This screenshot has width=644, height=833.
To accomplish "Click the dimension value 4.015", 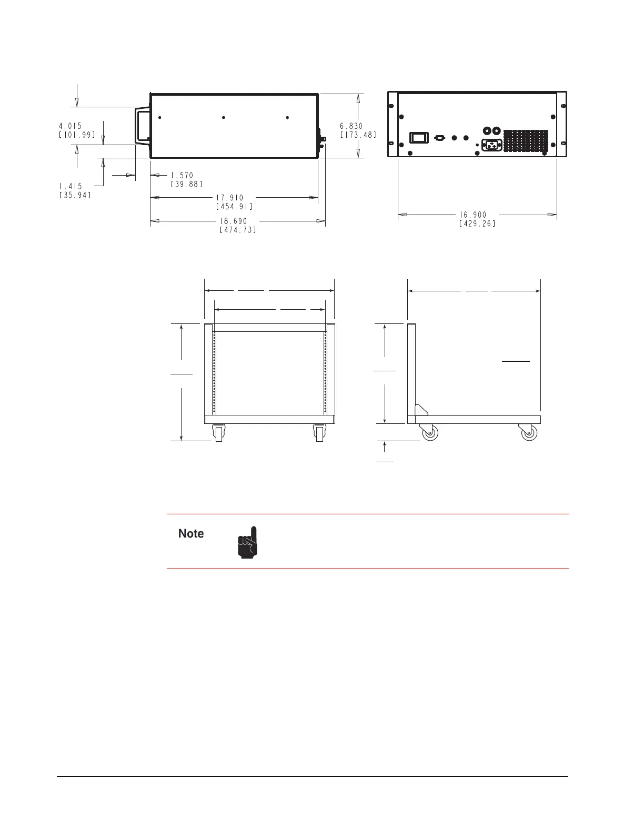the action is pyautogui.click(x=70, y=126).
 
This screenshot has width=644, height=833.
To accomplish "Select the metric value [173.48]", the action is pyautogui.click(x=358, y=135).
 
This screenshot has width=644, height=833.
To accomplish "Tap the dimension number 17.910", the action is pyautogui.click(x=230, y=197).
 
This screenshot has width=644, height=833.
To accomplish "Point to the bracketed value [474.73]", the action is pyautogui.click(x=238, y=230).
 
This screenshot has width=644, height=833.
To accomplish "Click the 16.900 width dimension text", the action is pyautogui.click(x=473, y=215).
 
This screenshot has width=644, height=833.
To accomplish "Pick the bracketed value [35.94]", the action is pyautogui.click(x=75, y=195).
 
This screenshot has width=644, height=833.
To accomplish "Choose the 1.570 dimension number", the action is pyautogui.click(x=182, y=175).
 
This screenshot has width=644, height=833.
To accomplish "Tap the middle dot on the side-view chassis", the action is pyautogui.click(x=224, y=118).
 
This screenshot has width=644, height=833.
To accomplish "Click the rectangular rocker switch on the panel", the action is pyautogui.click(x=419, y=138).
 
